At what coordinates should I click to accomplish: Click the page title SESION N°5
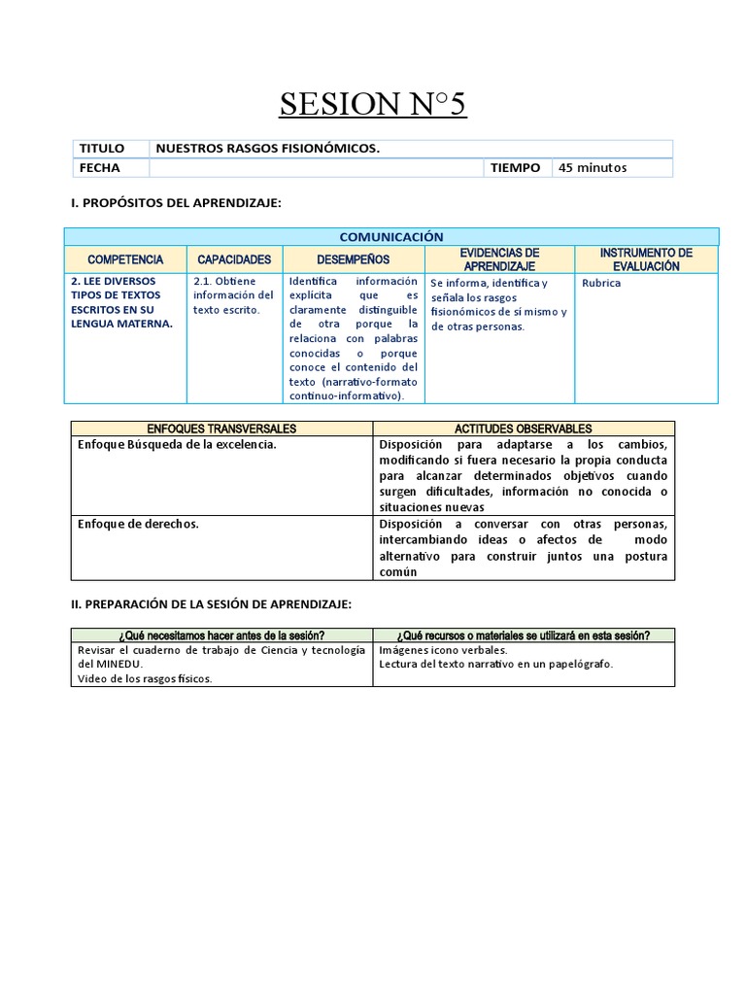[x=373, y=102]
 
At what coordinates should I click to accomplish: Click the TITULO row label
[x=101, y=149]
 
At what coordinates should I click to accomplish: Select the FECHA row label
[x=99, y=168]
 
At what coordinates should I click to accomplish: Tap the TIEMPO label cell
[x=515, y=168]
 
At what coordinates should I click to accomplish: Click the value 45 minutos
[x=593, y=168]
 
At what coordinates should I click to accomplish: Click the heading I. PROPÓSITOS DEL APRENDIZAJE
[x=176, y=202]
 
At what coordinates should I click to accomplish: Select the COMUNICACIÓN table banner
[x=391, y=237]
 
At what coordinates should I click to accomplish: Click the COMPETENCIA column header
[x=125, y=259]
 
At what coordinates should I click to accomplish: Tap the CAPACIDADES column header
[x=234, y=259]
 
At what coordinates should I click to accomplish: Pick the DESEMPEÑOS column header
[x=353, y=259]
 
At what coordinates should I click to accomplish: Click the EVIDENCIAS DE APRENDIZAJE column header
[x=499, y=259]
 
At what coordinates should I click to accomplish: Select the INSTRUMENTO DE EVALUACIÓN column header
[x=646, y=259]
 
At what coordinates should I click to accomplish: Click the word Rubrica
[x=601, y=284]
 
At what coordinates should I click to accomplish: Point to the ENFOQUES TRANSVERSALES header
[x=221, y=429]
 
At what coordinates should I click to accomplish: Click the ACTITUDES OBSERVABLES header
[x=523, y=429]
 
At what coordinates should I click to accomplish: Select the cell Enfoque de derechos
[x=138, y=524]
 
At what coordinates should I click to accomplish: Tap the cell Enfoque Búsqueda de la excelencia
[x=177, y=444]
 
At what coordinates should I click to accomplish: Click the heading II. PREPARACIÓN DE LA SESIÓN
[x=211, y=604]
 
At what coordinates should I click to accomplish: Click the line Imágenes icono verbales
[x=442, y=650]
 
